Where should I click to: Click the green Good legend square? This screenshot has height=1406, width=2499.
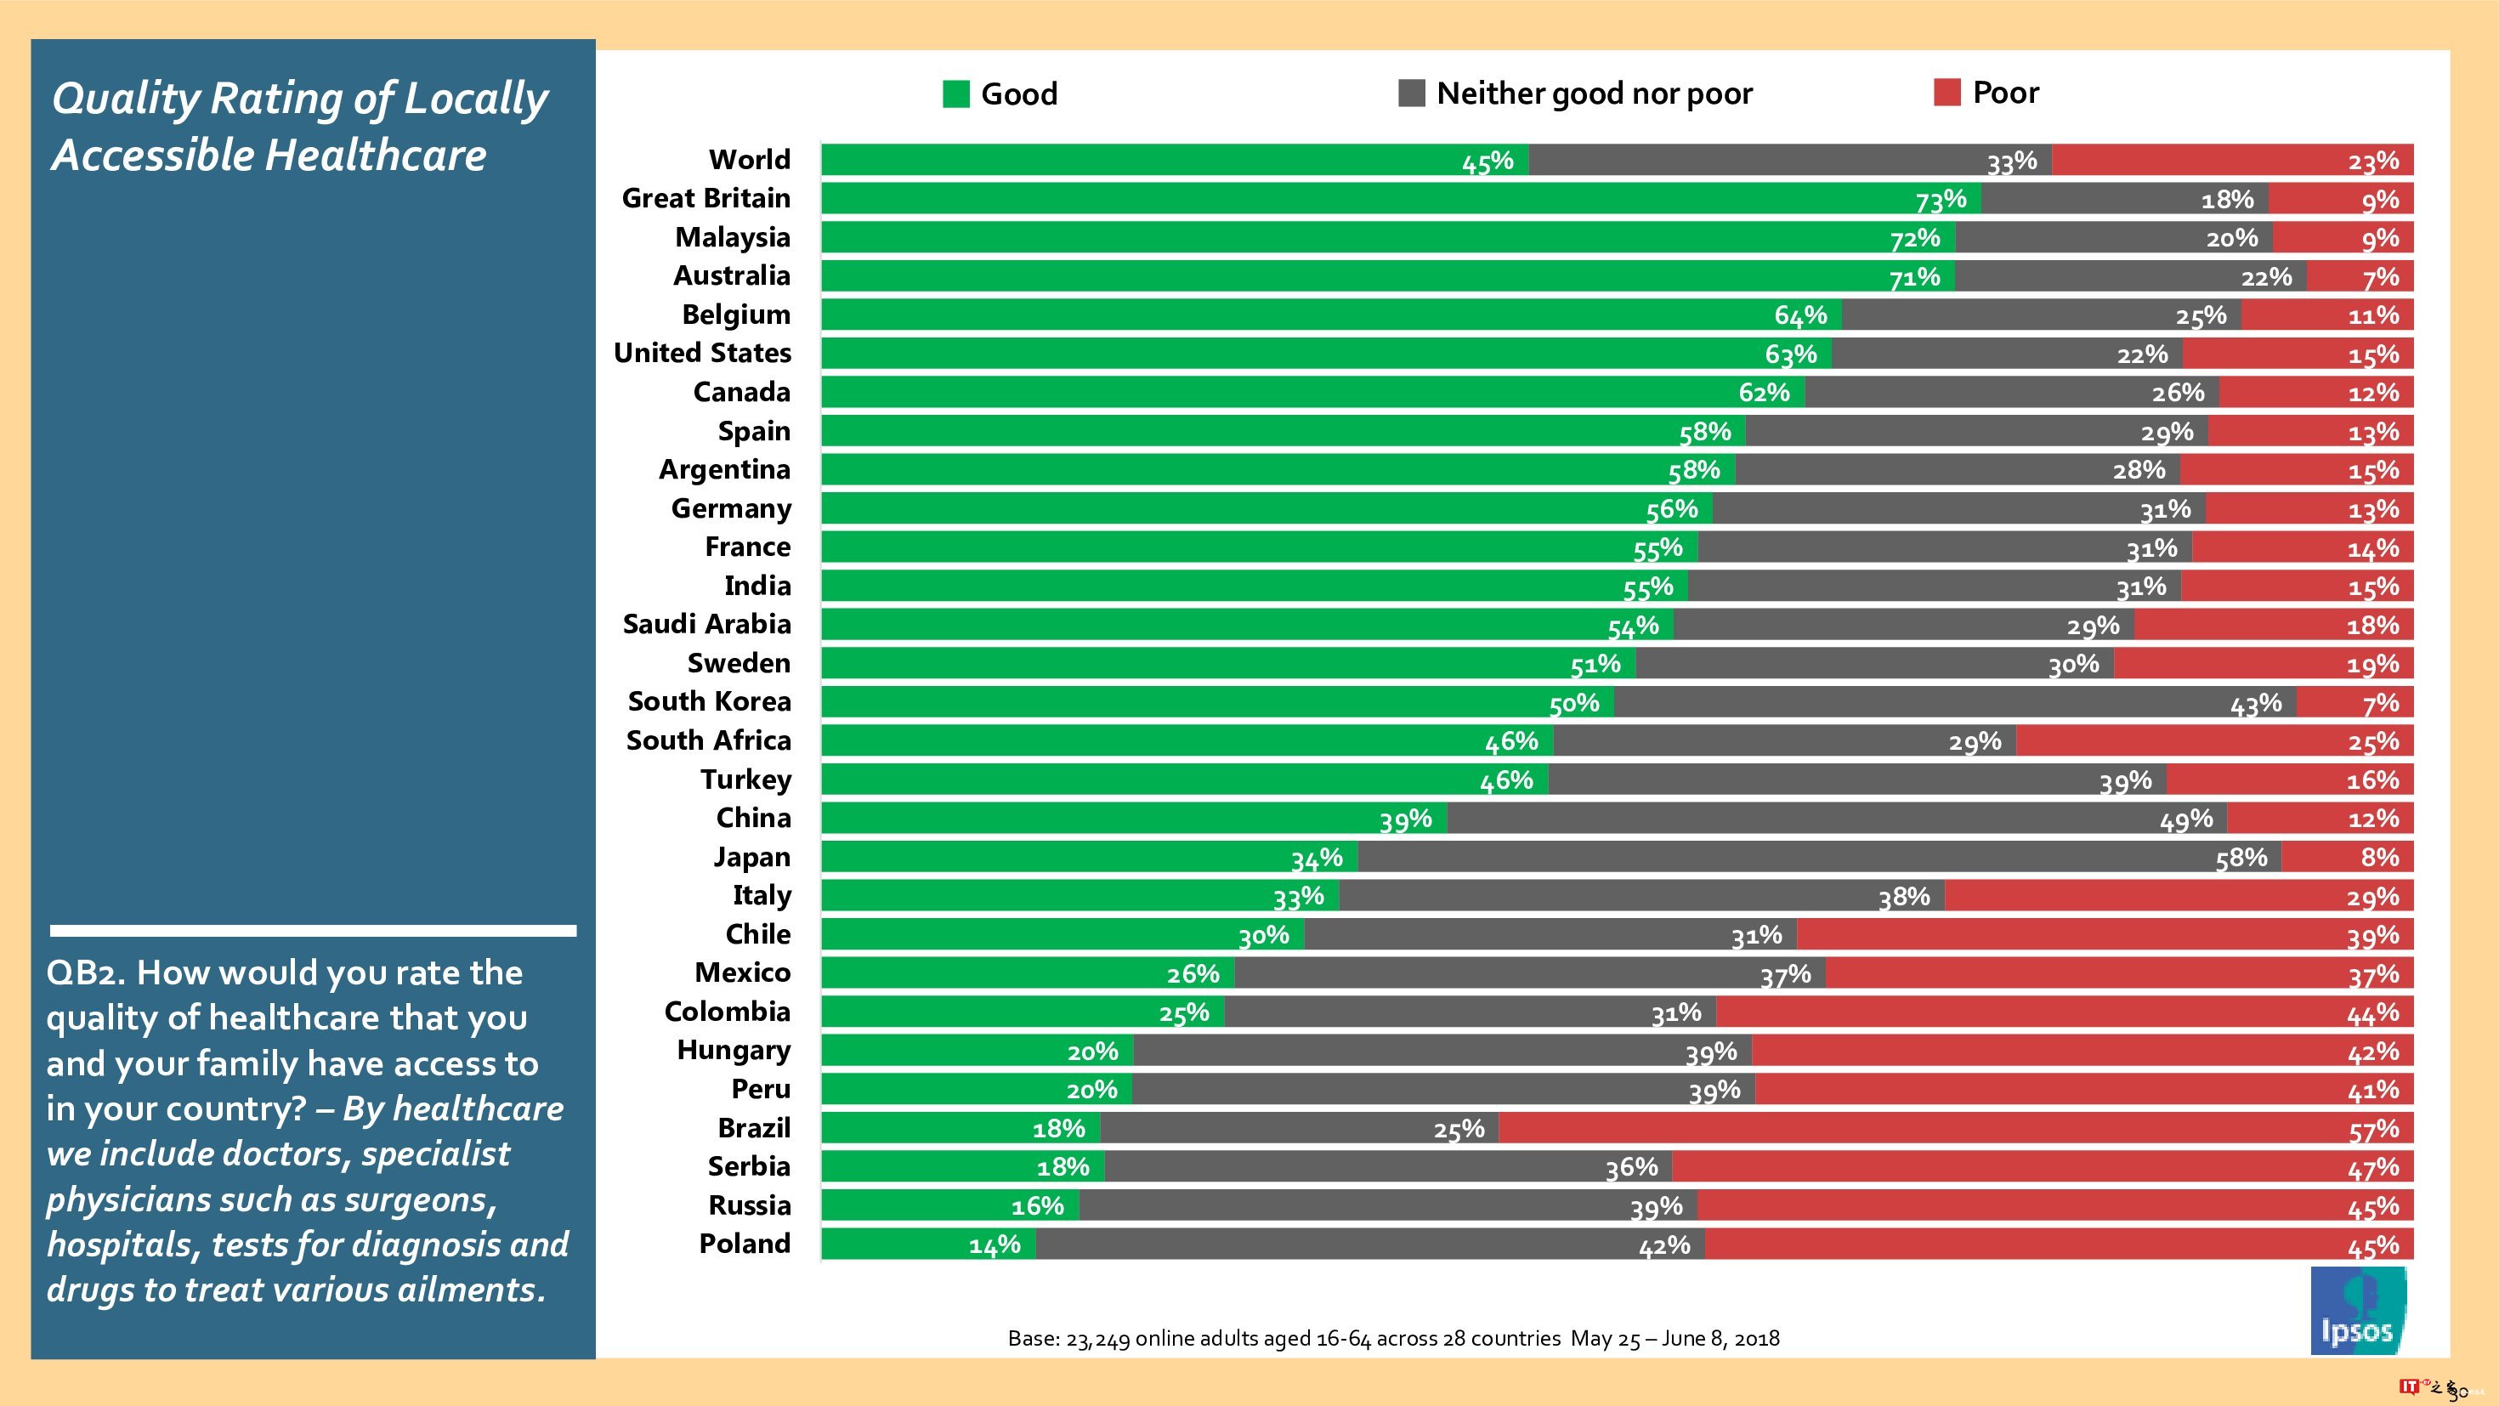tap(955, 94)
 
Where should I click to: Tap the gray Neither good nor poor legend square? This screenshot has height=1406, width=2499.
tap(1410, 94)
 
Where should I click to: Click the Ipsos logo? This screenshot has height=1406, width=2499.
tap(2357, 1310)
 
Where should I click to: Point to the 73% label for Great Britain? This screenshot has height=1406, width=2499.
tap(1941, 200)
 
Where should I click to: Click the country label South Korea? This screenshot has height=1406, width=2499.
tap(709, 701)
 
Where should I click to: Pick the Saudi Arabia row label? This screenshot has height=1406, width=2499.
tap(706, 624)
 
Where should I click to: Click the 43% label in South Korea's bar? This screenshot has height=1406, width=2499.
tap(2256, 704)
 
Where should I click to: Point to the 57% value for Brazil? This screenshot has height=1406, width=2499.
tap(2373, 1130)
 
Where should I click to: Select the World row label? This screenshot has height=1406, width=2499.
tap(749, 159)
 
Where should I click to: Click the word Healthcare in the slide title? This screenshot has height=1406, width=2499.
tap(375, 156)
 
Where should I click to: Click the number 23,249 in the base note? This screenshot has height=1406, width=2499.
tap(1097, 1339)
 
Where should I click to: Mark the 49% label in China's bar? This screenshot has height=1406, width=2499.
tap(2185, 820)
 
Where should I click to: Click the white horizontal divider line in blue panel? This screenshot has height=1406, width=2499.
tap(314, 931)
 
